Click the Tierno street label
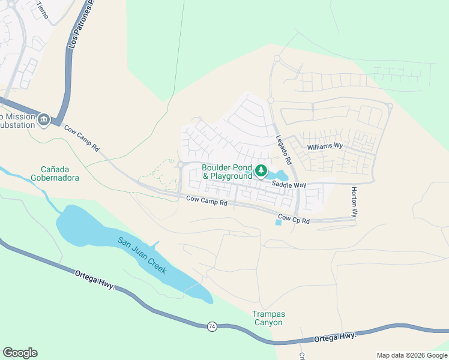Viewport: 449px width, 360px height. coord(41,10)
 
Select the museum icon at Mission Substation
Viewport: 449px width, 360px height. coord(44,121)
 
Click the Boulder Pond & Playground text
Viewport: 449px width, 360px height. coord(227,172)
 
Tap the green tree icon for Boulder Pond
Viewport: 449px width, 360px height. coord(261,171)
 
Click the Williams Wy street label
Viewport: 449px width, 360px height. coord(324,146)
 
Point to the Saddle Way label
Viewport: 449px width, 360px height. coord(289,185)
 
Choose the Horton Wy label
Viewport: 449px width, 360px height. coord(355,201)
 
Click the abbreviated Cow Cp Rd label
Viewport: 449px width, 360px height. coord(294,220)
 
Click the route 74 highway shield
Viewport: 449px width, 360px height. coord(212,326)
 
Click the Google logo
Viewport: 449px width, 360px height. coord(20,353)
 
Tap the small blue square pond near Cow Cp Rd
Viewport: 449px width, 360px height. coord(278,223)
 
